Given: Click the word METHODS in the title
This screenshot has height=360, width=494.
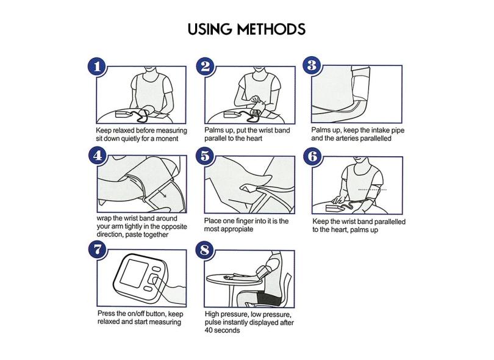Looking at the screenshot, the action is (271, 29).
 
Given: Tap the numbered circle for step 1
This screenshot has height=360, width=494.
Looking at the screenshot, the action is (97, 67).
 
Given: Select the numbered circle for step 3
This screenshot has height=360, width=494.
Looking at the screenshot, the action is (312, 65).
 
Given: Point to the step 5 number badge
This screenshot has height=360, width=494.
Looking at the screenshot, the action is (205, 156).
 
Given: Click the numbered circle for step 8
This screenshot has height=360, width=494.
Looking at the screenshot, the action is (205, 251).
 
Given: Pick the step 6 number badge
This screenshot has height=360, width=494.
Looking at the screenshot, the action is (312, 156).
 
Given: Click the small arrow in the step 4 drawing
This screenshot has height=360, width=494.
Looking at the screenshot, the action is (162, 193).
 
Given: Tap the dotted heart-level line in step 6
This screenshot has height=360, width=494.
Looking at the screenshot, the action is (373, 190).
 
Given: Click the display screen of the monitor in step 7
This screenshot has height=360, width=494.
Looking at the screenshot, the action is (132, 273).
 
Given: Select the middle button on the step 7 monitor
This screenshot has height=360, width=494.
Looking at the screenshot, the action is (154, 279).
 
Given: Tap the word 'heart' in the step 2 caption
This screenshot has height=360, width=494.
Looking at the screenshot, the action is (253, 139).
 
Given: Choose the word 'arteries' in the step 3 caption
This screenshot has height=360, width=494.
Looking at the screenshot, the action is (347, 139).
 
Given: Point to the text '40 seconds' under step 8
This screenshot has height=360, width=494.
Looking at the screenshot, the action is (222, 330).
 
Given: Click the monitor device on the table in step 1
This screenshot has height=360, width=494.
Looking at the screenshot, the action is (123, 114).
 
